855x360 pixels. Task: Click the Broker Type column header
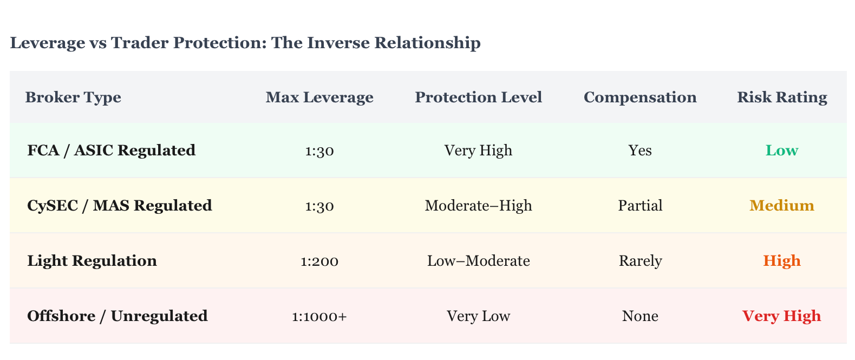(73, 97)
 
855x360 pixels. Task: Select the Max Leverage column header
(319, 97)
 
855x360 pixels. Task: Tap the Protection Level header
(478, 97)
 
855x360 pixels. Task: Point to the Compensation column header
(640, 97)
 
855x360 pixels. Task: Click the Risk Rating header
(782, 97)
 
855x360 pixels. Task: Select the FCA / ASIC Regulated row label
(111, 150)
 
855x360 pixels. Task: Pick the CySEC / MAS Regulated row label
(120, 206)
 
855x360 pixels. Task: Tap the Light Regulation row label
(92, 261)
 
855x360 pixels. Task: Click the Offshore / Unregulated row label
(117, 316)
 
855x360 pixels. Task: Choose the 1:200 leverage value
(319, 261)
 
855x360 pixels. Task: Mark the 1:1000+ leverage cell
(319, 317)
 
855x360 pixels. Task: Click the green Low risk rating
(782, 150)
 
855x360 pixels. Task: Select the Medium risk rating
(782, 206)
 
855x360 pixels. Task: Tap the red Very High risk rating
(782, 316)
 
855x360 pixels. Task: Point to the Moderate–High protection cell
(478, 206)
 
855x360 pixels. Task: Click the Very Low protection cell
(478, 316)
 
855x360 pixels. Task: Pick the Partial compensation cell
(640, 206)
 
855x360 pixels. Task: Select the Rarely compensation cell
(640, 261)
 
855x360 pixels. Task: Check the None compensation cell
(640, 316)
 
